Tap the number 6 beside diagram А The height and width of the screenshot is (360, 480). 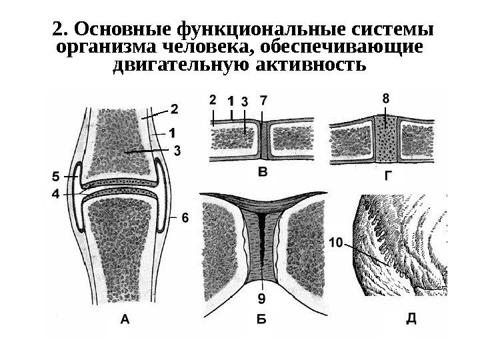tap(185, 217)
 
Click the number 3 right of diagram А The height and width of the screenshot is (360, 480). tap(177, 151)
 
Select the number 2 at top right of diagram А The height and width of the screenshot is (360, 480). tap(174, 107)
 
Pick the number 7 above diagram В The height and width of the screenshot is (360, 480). tap(264, 101)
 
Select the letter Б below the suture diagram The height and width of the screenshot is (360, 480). tap(262, 320)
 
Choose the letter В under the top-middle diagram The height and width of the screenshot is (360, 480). tap(264, 174)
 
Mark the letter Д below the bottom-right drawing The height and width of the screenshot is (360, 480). tap(412, 318)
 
